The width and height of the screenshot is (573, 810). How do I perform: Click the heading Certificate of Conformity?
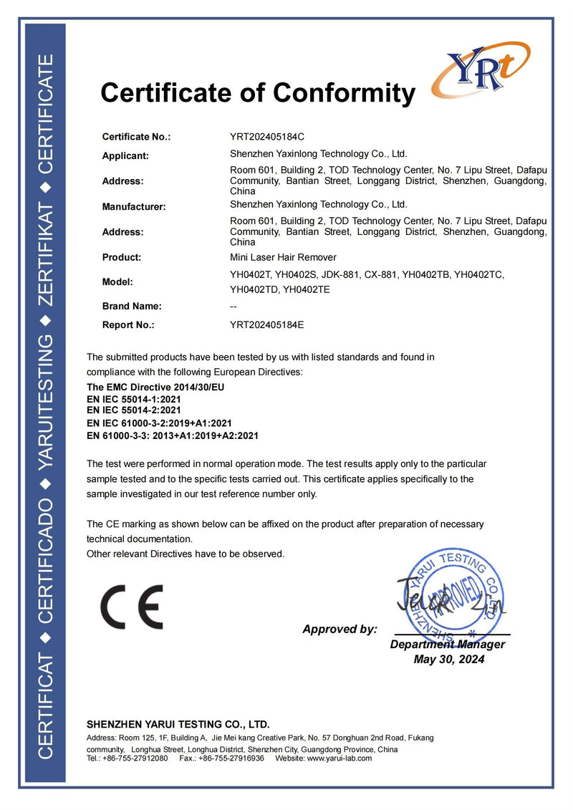(x=258, y=92)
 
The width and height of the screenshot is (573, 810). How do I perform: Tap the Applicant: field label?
(x=125, y=155)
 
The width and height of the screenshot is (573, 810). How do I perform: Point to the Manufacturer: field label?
(x=134, y=207)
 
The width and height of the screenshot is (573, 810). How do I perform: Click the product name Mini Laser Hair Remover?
(x=283, y=257)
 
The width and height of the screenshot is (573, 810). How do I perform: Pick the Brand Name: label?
(x=132, y=306)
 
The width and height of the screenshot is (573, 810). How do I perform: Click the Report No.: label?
(x=128, y=324)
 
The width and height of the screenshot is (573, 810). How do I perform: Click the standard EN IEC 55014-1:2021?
(x=133, y=398)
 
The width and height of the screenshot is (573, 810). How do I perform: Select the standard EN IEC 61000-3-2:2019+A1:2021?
(x=159, y=423)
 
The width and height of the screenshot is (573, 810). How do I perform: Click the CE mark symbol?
(x=131, y=607)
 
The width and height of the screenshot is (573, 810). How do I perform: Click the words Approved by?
(x=340, y=630)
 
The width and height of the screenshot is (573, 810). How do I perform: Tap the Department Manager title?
(x=448, y=645)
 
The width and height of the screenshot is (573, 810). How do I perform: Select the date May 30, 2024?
(x=449, y=660)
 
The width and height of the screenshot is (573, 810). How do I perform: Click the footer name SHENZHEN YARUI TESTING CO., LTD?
(x=178, y=724)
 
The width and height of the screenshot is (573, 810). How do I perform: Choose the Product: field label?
(x=122, y=257)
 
